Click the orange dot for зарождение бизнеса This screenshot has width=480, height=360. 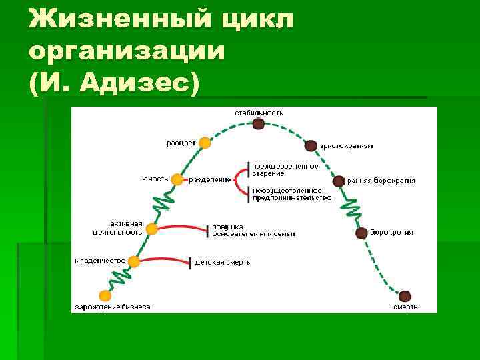click(105, 295)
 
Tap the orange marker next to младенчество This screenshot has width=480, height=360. click(134, 262)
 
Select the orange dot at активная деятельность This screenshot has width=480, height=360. click(152, 229)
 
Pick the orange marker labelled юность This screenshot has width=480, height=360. click(177, 179)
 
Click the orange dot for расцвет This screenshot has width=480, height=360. click(205, 143)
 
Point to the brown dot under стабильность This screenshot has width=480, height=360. click(258, 123)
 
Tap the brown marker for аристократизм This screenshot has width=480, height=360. click(311, 145)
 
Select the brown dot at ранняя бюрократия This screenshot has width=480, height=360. click(339, 181)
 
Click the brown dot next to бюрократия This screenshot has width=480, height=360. click(361, 233)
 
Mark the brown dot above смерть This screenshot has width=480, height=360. click(405, 295)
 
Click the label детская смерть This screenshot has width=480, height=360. click(223, 263)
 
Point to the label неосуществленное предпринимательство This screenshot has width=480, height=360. click(291, 194)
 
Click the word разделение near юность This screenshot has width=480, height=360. click(210, 179)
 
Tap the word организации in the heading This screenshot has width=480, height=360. click(127, 51)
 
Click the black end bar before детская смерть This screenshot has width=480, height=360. click(190, 263)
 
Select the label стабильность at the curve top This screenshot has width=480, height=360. click(259, 113)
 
